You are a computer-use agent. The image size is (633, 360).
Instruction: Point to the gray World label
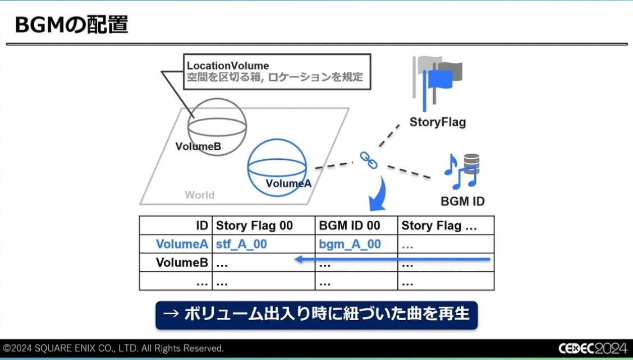tap(199, 195)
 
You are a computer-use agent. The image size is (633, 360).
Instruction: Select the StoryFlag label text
tap(438, 122)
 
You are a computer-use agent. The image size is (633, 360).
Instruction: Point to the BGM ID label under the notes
tap(463, 201)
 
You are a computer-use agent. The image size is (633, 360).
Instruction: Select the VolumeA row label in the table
tap(182, 244)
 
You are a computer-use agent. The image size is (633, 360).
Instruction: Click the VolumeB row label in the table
tap(182, 262)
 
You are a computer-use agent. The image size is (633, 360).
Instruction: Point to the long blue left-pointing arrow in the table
tap(393, 259)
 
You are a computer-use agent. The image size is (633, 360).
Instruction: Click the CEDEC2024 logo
tap(592, 348)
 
